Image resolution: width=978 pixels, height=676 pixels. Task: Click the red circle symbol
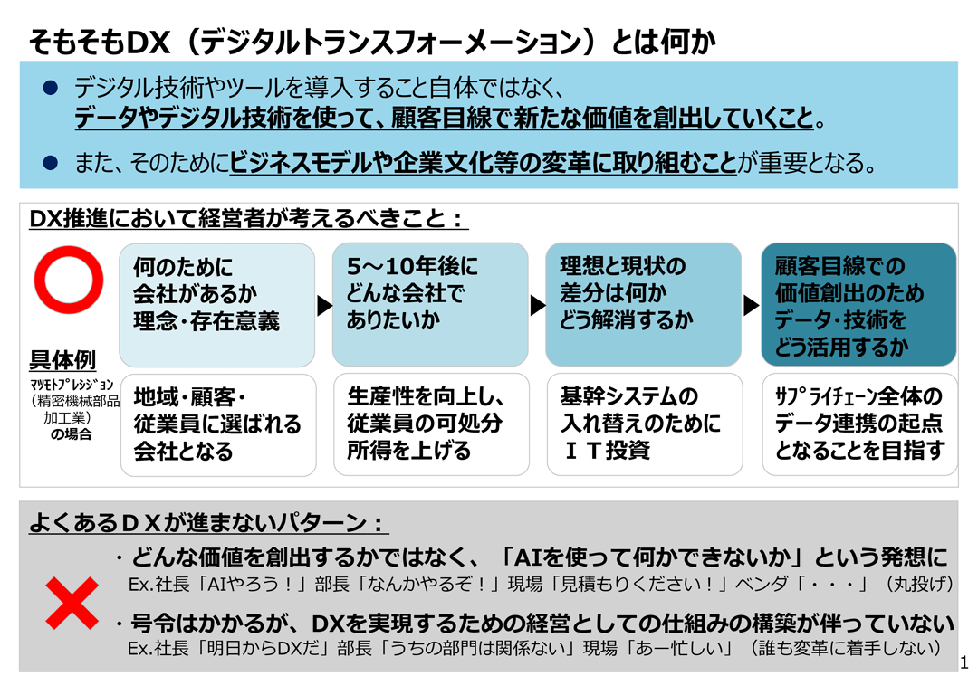pos(69,252)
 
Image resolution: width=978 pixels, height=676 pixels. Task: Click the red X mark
pos(72,603)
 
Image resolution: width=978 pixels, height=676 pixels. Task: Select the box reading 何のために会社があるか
pos(217,305)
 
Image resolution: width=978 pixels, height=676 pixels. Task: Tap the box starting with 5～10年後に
pos(430,305)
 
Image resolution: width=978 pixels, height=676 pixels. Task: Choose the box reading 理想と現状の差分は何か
pos(644,305)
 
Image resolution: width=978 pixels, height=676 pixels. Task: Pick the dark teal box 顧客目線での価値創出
pos(858,305)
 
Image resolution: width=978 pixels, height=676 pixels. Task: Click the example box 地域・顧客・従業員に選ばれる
pos(218,425)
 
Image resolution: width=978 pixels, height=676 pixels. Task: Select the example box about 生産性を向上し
pos(432,424)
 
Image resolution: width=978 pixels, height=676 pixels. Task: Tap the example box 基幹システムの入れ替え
pos(645,424)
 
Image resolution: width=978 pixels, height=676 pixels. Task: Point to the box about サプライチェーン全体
pos(860,424)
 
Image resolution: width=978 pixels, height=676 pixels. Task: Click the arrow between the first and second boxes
pos(324,305)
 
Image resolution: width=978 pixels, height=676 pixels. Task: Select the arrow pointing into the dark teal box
pos(751,305)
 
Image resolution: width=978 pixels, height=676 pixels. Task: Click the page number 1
pos(964,662)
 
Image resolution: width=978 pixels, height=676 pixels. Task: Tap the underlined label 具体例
pos(62,360)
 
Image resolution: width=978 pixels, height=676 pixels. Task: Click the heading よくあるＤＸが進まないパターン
pos(209,522)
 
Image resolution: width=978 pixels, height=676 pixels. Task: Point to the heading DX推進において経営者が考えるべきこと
pos(248,218)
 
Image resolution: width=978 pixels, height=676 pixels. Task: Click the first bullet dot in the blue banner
pos(50,88)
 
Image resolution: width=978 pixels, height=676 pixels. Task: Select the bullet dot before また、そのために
pos(50,163)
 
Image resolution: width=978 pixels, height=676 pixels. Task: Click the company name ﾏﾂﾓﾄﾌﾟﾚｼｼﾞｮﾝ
pos(72,385)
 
